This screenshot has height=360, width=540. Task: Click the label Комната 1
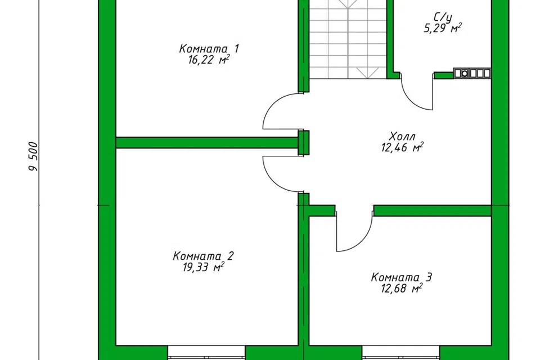point(209,48)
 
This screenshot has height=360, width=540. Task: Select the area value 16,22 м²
point(209,60)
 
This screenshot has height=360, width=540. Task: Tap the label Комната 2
point(203,256)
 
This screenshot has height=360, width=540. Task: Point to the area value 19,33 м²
point(204,267)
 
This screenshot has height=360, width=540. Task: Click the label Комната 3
point(402,277)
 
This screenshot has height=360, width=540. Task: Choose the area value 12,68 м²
point(402,289)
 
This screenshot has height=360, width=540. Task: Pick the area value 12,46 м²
point(402,147)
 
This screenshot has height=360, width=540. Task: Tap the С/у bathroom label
point(443,16)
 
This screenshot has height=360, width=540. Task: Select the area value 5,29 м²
point(443,28)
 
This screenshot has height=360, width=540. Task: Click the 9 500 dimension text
point(33,157)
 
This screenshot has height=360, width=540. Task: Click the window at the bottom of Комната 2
point(206,353)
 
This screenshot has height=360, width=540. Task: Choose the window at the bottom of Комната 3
point(401,353)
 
